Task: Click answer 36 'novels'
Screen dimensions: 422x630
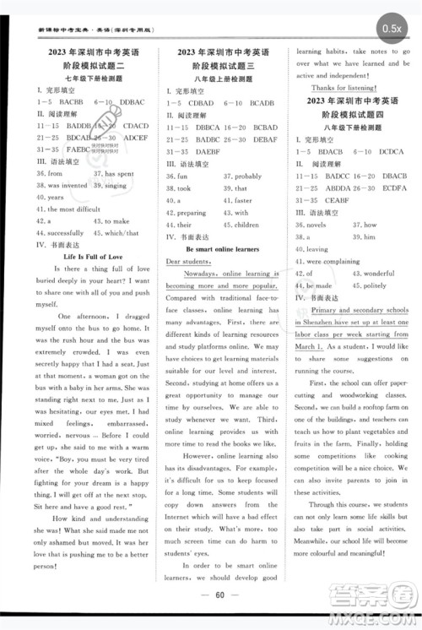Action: point(311,225)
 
